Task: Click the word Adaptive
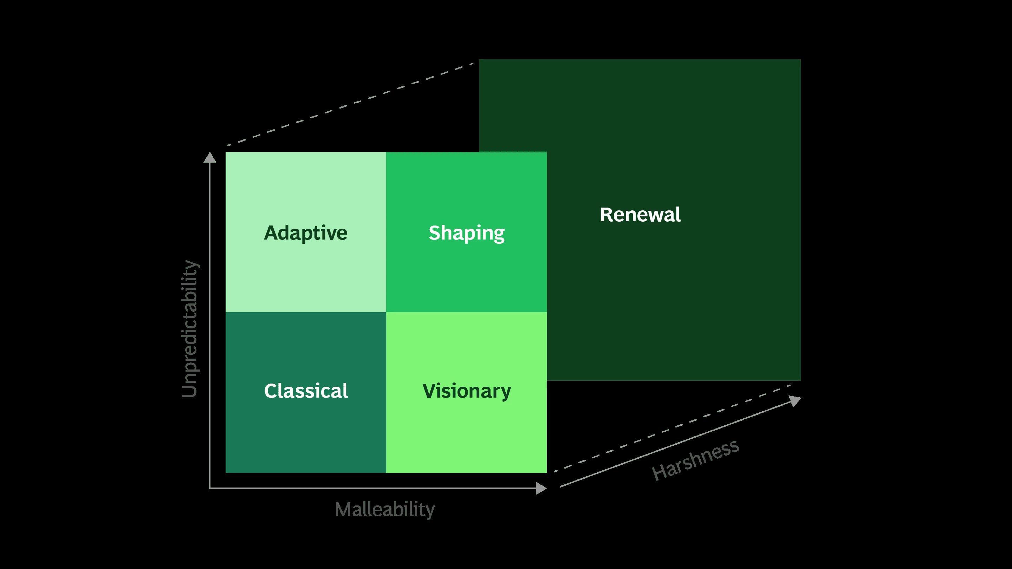pos(306,233)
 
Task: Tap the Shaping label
pos(466,233)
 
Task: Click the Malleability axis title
pos(385,510)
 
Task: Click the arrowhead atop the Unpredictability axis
pos(210,157)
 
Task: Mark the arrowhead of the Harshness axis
pos(795,401)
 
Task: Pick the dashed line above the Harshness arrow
pos(672,428)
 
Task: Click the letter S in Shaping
pos(434,233)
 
